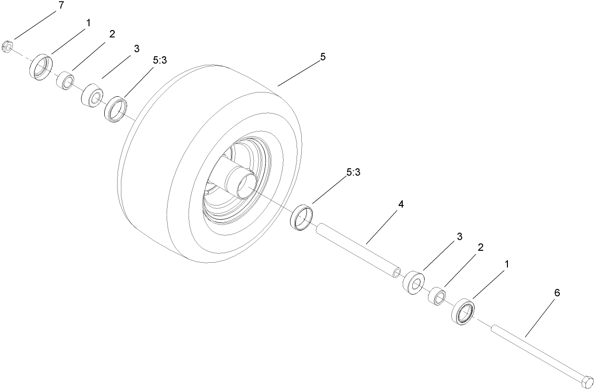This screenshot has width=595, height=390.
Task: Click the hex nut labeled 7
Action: click(x=7, y=47)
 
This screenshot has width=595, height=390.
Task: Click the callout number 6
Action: click(x=556, y=293)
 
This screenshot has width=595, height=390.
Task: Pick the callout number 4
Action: click(x=401, y=205)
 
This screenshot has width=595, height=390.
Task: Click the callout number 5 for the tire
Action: click(x=323, y=57)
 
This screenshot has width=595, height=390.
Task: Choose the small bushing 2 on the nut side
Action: click(x=66, y=80)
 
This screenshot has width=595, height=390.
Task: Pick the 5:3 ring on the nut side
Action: click(x=117, y=109)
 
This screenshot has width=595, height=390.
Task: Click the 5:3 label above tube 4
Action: click(x=353, y=173)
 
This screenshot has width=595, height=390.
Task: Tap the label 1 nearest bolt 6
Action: click(x=506, y=263)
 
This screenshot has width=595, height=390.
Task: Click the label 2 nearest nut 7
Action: click(x=112, y=34)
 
